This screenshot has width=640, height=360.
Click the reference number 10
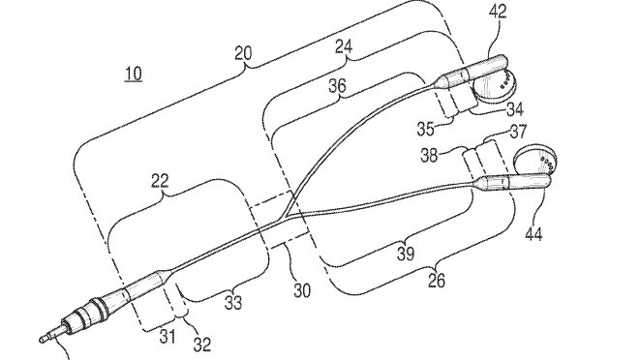[x=136, y=75]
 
